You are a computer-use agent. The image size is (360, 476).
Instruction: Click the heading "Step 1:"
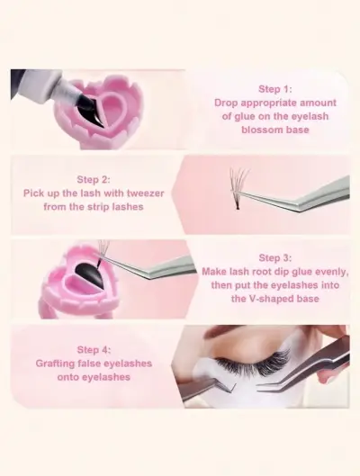275,89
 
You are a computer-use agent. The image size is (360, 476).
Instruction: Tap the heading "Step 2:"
94,179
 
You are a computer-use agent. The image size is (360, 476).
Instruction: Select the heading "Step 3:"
275,257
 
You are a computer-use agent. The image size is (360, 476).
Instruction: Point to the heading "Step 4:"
94,350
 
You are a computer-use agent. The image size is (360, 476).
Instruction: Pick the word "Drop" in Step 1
225,103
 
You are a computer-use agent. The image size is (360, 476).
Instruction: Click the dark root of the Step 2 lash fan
237,206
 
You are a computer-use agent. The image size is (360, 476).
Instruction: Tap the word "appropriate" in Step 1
267,103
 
